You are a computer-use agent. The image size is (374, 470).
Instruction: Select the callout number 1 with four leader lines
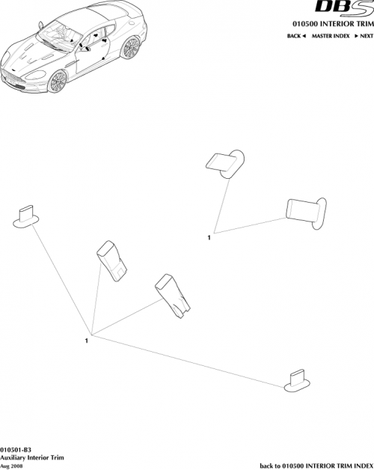pos(88,341)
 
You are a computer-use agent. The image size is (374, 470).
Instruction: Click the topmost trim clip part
pos(224,162)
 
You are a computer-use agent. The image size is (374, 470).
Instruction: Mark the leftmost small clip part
pos(27,217)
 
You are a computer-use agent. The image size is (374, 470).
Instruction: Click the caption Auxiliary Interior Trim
pos(30,456)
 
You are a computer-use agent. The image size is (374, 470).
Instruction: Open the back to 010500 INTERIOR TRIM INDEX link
pos(315,464)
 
